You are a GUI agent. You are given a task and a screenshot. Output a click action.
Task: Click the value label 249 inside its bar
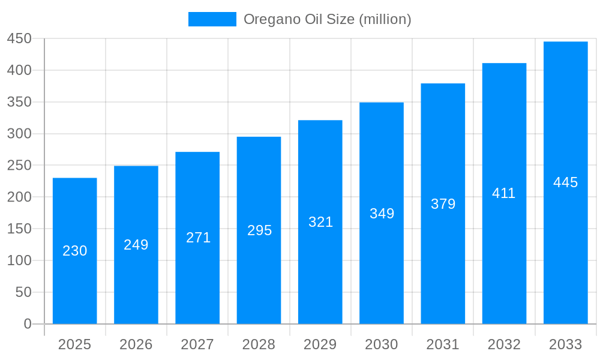pos(136,245)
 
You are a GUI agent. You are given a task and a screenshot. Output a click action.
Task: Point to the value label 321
pos(320,222)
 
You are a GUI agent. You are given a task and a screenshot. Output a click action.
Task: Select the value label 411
pos(504,193)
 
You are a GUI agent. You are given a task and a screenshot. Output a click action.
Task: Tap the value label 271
pos(198,238)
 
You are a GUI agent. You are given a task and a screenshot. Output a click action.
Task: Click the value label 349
pos(382,214)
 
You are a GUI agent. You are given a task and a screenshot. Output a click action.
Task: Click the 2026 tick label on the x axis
pos(136,344)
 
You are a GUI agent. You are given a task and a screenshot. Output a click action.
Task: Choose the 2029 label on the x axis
pos(320,344)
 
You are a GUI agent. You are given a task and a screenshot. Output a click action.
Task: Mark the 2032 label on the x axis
pos(504,344)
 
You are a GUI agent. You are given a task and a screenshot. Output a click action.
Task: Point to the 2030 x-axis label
pos(382,344)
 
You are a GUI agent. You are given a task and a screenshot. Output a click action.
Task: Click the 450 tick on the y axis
pos(19,39)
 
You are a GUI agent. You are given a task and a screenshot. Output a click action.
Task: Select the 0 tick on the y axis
pos(28,324)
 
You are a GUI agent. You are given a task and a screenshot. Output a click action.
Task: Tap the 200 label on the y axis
pos(19,197)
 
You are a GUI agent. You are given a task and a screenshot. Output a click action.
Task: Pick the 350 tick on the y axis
pos(19,102)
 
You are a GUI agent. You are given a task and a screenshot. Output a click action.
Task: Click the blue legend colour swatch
pos(212,19)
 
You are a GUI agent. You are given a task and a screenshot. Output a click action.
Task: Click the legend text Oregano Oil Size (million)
pos(327,19)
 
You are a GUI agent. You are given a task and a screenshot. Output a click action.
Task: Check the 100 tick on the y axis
pos(19,260)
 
